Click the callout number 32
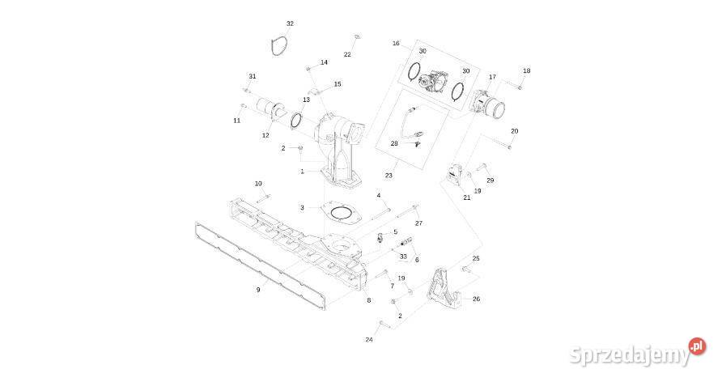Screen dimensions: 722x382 tap(290, 23)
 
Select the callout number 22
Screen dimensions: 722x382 tap(347, 54)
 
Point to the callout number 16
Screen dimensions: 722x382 tap(396, 43)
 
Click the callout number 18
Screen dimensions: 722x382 tap(527, 70)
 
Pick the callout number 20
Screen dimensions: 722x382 tap(514, 131)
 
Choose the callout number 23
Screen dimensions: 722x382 tap(389, 176)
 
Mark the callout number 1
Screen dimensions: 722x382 tap(302, 172)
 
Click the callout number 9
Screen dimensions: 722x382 tap(258, 290)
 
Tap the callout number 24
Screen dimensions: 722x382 tap(369, 340)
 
